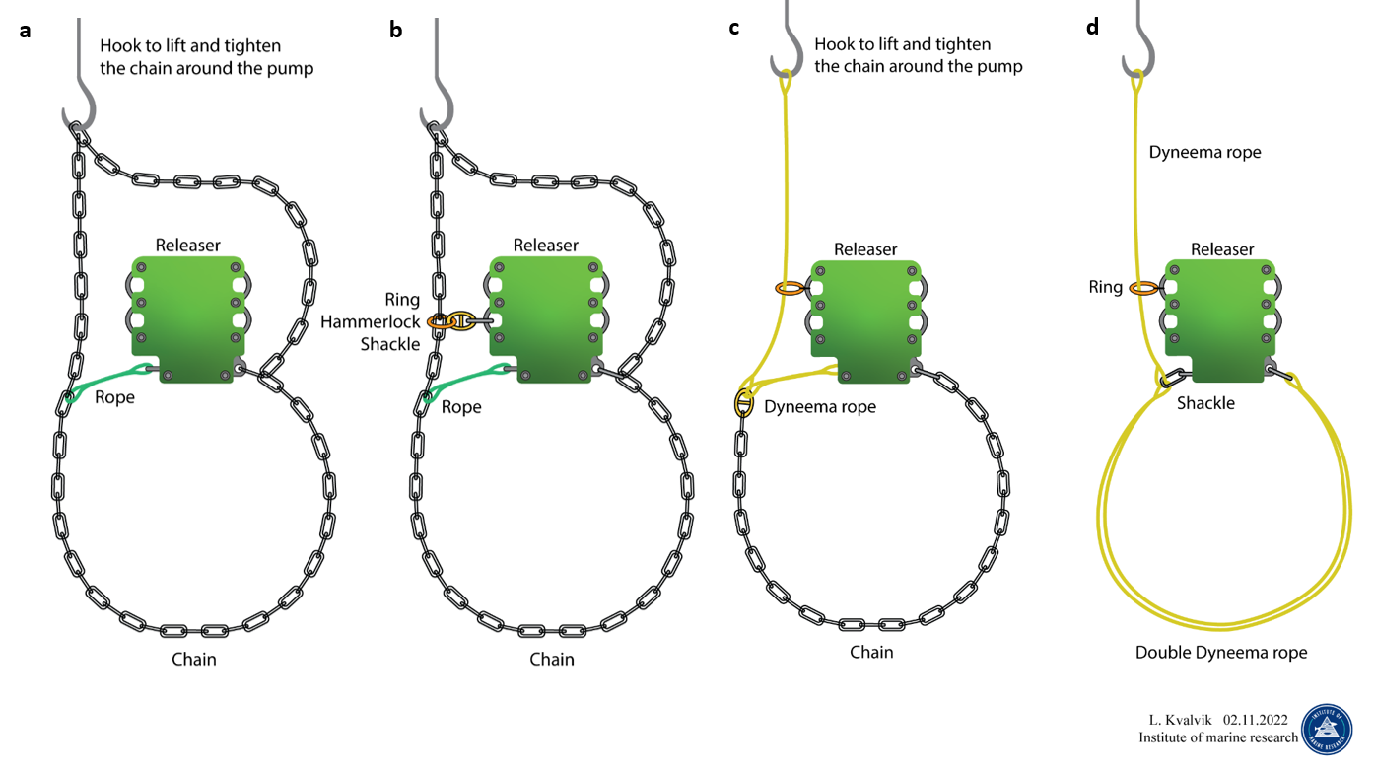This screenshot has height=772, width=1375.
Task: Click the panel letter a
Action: pos(25,30)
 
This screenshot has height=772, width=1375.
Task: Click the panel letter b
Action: pos(395,30)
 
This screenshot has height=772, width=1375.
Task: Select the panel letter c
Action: pos(733,27)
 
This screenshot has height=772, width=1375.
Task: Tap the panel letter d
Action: pos(1092,27)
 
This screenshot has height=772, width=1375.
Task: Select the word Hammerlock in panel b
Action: pos(370,321)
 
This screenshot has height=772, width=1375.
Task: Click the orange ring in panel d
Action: pos(1143,288)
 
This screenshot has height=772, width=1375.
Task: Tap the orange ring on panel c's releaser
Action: pos(790,288)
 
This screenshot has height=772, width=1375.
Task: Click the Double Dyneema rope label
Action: pos(1221,653)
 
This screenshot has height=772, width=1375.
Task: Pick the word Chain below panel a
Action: pos(193,659)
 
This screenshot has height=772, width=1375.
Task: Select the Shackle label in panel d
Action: pos(1205,403)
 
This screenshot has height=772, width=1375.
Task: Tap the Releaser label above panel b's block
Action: pos(546,245)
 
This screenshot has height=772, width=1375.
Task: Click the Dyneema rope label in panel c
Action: pos(820,406)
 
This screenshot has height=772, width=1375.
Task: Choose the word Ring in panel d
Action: pos(1105,287)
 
